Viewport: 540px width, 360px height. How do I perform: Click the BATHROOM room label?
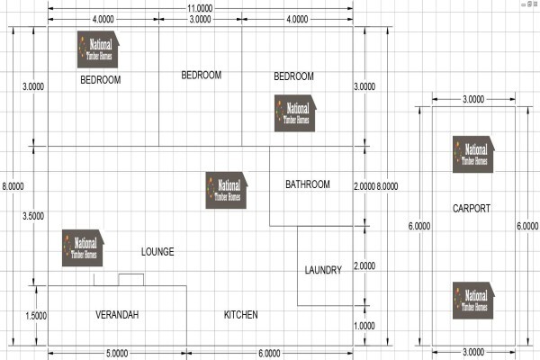[308, 184]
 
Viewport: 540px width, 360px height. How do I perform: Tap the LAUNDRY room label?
[323, 270]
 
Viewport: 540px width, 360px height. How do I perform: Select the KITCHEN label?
[240, 315]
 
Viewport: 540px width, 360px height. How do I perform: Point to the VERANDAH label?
[117, 315]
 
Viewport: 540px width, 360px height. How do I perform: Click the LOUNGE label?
[157, 252]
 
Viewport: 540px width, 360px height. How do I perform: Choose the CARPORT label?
[472, 209]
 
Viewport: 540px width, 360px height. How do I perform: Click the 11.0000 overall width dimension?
[200, 8]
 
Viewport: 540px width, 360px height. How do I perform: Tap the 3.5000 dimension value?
[33, 216]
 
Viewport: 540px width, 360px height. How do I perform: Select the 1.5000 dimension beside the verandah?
[36, 316]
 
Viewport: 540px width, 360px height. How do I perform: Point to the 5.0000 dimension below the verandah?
[117, 354]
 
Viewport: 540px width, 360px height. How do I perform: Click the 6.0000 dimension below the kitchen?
[269, 354]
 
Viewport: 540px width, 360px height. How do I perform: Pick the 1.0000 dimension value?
[364, 326]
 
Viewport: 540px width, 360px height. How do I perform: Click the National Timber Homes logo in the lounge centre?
[227, 190]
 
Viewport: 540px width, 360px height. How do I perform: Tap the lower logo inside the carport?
[473, 301]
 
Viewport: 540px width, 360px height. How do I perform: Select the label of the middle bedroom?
[202, 75]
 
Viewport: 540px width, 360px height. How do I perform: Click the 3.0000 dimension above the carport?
[473, 100]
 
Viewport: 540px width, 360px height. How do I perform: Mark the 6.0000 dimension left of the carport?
[419, 226]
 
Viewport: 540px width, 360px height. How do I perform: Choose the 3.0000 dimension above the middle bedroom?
[200, 19]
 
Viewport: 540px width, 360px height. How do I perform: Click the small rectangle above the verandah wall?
[131, 280]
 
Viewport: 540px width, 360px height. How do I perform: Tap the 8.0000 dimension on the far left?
[13, 186]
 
